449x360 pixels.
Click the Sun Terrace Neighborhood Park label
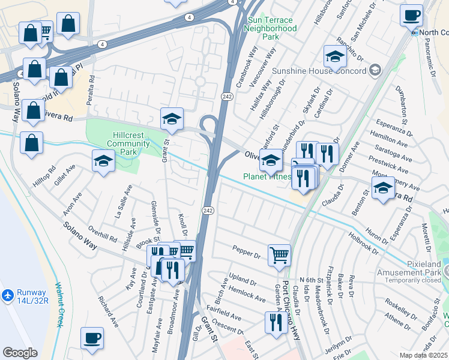[272, 28]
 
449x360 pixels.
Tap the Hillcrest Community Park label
[125, 140]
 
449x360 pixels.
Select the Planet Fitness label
[267, 177]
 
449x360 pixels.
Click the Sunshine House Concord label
[319, 71]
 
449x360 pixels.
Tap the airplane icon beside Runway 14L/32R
[7, 295]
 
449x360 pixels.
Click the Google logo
[20, 353]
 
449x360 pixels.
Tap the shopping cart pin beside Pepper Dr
[279, 254]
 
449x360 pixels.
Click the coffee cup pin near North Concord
[411, 14]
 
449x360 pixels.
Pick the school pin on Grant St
[171, 118]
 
